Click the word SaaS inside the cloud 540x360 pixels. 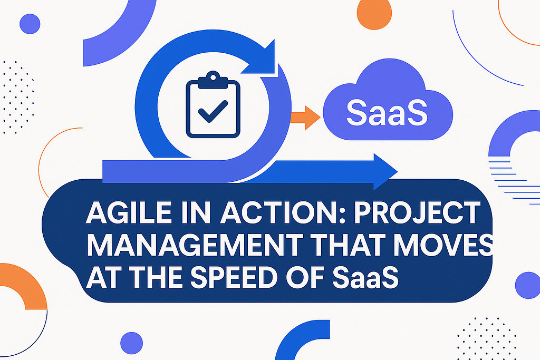387,113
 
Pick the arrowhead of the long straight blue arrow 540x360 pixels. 384,171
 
